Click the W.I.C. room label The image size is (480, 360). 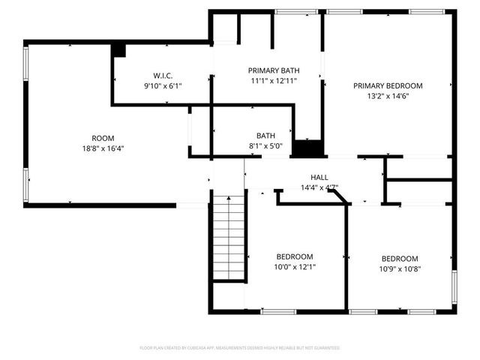click(x=163, y=76)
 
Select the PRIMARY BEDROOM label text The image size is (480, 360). click(x=388, y=85)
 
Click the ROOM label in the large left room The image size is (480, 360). click(x=103, y=138)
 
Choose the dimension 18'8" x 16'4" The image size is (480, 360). click(x=103, y=148)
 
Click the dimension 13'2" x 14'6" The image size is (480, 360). click(x=388, y=96)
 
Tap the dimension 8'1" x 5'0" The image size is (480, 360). click(x=265, y=146)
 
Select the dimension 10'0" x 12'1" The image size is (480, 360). click(x=295, y=267)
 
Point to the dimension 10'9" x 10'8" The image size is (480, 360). click(x=399, y=269)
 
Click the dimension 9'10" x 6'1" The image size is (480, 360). click(x=163, y=86)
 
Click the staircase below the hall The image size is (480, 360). click(x=229, y=236)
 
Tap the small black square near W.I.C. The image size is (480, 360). click(x=118, y=49)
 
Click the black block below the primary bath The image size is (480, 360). click(x=307, y=148)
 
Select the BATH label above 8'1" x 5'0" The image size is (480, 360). click(x=265, y=136)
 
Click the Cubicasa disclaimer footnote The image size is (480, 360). click(x=240, y=348)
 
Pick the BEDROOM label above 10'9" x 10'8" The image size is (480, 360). click(x=399, y=259)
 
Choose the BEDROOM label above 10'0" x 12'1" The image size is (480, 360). click(x=295, y=256)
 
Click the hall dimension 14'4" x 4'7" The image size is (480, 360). click(x=319, y=187)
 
